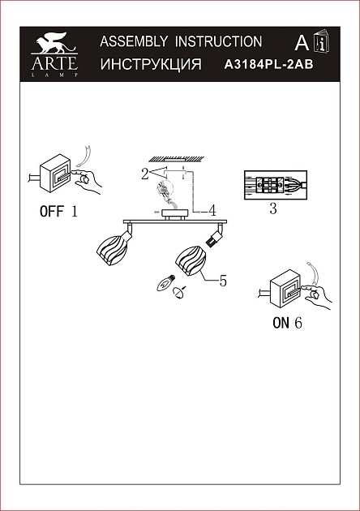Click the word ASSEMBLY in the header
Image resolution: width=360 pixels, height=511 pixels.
(134, 41)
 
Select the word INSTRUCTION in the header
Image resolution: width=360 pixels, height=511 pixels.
(218, 41)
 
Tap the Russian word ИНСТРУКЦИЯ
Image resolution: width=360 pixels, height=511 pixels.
(151, 64)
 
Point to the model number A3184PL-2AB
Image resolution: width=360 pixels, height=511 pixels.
(268, 65)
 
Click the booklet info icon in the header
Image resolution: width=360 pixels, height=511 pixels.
(322, 41)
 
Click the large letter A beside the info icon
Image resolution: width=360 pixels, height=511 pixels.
(302, 43)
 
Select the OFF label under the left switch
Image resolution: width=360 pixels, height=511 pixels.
(51, 211)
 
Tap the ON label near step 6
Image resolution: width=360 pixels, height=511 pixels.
(281, 323)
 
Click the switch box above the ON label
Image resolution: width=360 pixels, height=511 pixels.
(285, 289)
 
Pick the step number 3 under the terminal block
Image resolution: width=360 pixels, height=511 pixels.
(273, 208)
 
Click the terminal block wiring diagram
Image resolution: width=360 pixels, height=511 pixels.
(276, 185)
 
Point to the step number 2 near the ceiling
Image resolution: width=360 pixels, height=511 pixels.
(144, 174)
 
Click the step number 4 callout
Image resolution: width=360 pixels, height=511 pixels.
(212, 211)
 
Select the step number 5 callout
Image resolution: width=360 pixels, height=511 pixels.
(223, 281)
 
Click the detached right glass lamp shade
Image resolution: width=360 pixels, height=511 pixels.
(191, 261)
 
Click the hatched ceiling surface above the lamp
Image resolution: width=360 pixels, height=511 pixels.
(176, 159)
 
